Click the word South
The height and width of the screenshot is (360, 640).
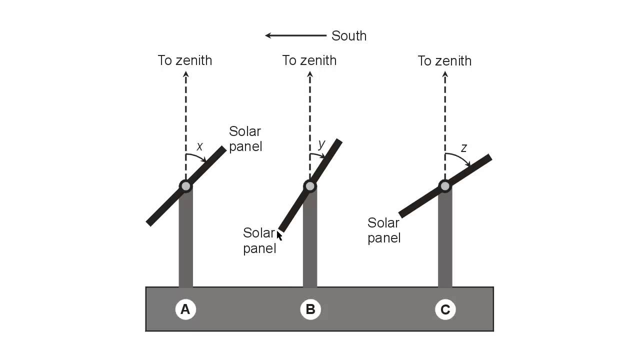coord(349,36)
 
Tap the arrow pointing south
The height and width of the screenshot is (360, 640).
coord(295,35)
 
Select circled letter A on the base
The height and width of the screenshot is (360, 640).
coord(185,310)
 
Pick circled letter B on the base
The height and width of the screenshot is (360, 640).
coord(310,310)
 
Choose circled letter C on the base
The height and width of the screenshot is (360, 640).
coord(445,310)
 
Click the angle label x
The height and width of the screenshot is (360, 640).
coord(200,146)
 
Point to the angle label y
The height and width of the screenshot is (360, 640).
coord(321,144)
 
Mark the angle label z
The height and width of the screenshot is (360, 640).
coord(463,148)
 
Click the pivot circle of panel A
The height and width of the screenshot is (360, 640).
coord(185,186)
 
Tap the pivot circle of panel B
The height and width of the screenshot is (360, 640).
coord(310,186)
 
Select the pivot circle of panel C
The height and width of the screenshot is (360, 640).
coord(445,186)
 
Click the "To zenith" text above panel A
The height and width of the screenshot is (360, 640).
coord(185,60)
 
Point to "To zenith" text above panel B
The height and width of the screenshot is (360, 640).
coord(309,60)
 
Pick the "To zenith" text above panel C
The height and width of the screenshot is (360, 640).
coord(444,61)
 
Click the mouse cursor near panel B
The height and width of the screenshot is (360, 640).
coord(279,235)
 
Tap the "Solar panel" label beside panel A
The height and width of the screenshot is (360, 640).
coord(245,139)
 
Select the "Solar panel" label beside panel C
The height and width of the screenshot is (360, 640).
coord(384,230)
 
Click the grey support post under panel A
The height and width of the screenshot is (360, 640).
coord(185,240)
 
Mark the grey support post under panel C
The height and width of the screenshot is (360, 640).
coord(445,240)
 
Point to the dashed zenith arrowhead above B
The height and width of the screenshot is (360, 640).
coord(310,74)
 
